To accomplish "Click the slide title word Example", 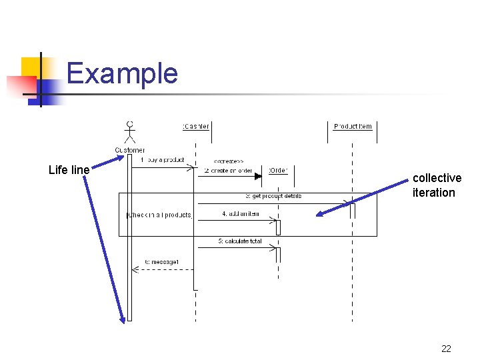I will click(122, 73).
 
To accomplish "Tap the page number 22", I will click(446, 348).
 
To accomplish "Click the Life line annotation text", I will click(69, 170).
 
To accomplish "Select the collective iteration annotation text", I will click(437, 185).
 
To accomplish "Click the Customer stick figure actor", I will click(130, 132).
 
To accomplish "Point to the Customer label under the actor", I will click(130, 150).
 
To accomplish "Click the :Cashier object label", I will click(195, 127).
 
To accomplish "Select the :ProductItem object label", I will click(353, 127).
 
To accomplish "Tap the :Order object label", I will click(277, 171).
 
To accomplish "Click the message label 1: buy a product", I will click(162, 160).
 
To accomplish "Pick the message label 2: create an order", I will click(228, 171).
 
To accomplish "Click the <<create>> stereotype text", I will click(228, 161).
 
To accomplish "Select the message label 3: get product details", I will click(273, 196).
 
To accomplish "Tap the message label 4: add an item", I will click(240, 214).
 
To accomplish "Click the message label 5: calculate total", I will click(239, 241).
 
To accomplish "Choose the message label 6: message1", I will click(161, 262).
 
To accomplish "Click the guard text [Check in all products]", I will click(159, 215).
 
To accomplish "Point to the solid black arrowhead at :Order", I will click(265, 177).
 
